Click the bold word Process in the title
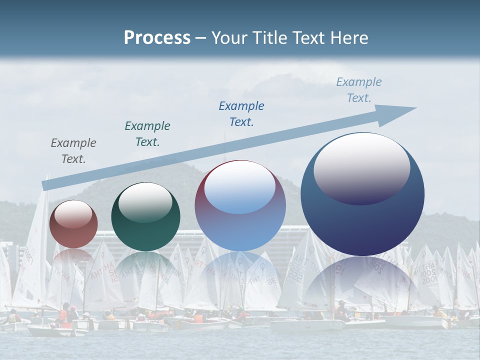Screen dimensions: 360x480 (157, 38)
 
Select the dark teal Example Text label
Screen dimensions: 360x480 (147, 134)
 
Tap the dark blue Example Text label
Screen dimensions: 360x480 (241, 114)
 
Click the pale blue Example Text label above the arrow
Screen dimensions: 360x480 (359, 90)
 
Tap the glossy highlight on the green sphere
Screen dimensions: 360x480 (145, 202)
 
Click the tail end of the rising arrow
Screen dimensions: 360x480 (46, 185)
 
